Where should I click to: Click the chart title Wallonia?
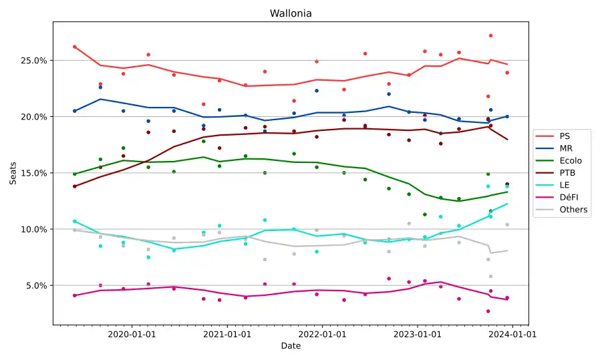291,13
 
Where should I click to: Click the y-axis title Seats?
13,172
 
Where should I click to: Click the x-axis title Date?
291,346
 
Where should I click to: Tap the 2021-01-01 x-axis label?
227,334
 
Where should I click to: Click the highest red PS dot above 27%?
490,35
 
